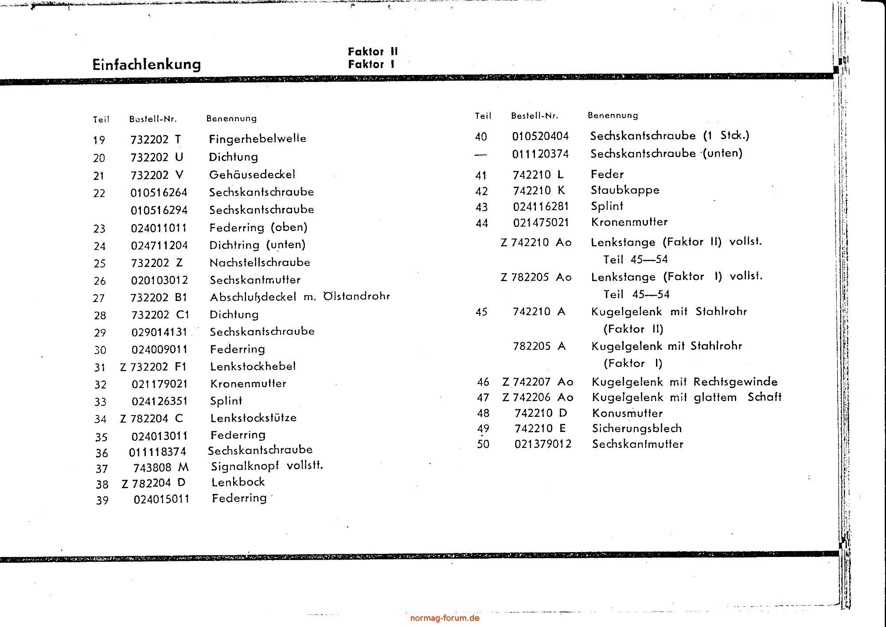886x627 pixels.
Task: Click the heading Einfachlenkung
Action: (x=146, y=64)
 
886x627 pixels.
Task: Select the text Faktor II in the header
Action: (x=373, y=51)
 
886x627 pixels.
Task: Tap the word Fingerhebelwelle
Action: (x=258, y=139)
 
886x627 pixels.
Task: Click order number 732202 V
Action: (x=157, y=175)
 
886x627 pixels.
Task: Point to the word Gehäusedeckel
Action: (x=252, y=174)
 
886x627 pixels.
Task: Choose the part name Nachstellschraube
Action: (x=260, y=263)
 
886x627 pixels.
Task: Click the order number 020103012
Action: (x=160, y=280)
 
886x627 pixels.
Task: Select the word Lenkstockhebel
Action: (x=253, y=366)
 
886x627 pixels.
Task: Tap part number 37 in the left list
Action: (x=101, y=469)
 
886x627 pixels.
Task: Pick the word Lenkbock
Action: (x=238, y=482)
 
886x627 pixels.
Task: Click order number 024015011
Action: (x=162, y=499)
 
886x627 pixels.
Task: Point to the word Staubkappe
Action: (x=625, y=190)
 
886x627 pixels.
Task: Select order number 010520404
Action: (x=540, y=136)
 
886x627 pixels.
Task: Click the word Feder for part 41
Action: (x=607, y=174)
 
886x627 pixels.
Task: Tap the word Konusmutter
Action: (x=627, y=413)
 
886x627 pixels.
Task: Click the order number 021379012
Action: (x=543, y=444)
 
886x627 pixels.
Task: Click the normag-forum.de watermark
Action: (x=445, y=618)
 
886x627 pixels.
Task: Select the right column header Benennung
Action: (x=613, y=115)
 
